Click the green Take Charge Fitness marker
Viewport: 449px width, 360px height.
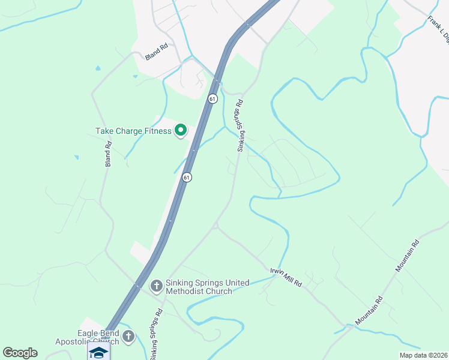180,130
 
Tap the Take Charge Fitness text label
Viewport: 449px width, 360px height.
133,130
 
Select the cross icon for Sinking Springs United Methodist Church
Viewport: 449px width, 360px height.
156,286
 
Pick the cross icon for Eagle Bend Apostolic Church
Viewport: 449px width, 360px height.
128,338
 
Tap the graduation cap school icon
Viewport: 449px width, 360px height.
98,352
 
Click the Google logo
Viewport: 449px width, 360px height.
20,352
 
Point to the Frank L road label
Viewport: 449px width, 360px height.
438,29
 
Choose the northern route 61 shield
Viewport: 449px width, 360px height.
212,98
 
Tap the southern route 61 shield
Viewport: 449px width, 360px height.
187,177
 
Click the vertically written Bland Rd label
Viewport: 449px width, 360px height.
109,153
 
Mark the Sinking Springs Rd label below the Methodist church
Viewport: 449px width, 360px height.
156,334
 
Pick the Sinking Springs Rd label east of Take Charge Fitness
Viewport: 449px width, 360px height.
240,125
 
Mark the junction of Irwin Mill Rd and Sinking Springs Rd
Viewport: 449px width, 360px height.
216,227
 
